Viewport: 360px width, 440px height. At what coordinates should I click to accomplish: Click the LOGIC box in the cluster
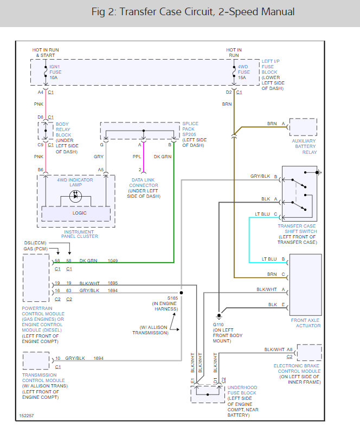80,213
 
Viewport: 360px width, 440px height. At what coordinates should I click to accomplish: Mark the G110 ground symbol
218,316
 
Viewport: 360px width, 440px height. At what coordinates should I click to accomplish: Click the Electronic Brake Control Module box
309,353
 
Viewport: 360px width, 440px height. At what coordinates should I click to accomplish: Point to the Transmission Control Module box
36,361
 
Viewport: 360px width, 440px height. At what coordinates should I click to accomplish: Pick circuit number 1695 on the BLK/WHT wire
113,283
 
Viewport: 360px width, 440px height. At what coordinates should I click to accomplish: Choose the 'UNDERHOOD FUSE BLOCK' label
242,391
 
